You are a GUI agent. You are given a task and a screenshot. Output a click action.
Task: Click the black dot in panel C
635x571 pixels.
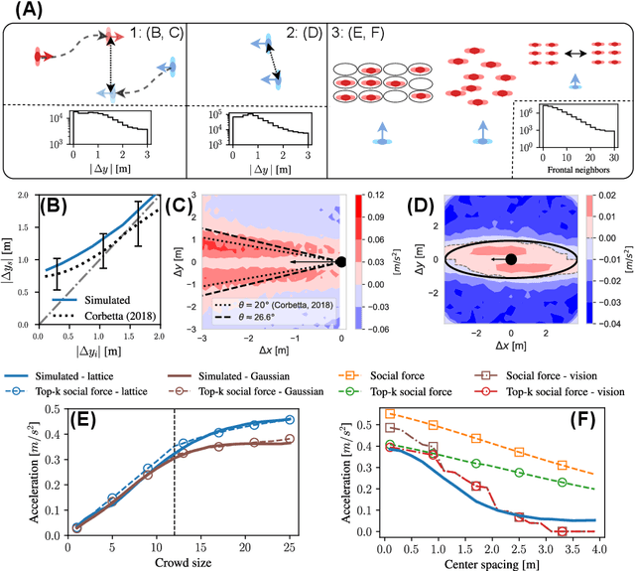click(340, 261)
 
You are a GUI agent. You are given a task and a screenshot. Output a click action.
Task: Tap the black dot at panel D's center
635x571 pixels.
click(511, 259)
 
